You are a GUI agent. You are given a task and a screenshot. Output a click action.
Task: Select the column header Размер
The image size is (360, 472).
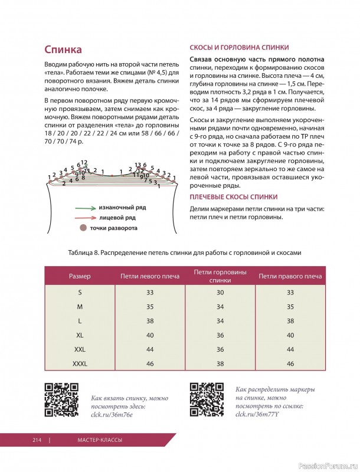[80, 276]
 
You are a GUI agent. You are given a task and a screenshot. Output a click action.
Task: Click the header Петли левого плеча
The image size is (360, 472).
[150, 276]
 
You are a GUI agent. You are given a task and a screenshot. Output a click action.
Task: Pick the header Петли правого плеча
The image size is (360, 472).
[290, 276]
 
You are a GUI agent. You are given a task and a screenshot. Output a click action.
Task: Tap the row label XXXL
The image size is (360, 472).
[80, 364]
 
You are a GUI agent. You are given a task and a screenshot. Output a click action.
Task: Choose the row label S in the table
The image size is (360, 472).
[80, 293]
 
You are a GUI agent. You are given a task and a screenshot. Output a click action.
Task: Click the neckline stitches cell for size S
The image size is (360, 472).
[220, 293]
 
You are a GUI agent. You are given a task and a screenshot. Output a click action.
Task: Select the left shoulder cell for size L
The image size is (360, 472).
[150, 321]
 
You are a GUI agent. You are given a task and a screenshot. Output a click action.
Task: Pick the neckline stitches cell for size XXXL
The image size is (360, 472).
[220, 364]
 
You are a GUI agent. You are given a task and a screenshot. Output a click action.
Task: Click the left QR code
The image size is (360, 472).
[62, 399]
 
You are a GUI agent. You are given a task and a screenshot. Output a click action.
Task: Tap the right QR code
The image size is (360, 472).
[206, 399]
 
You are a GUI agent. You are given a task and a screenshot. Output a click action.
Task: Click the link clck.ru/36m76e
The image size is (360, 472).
[112, 415]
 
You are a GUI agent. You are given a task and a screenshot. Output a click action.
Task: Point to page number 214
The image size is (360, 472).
[37, 440]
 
